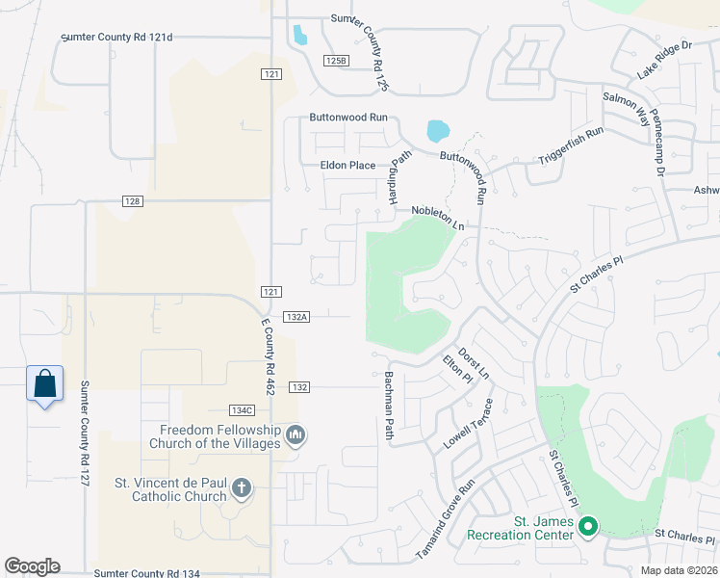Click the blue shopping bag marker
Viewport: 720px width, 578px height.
(44, 384)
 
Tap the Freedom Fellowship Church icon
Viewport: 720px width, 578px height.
(296, 436)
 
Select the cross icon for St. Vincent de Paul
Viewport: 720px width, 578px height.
(241, 490)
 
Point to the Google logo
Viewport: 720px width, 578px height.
(32, 566)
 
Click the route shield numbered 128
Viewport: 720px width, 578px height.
(133, 200)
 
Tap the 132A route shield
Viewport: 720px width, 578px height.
(296, 316)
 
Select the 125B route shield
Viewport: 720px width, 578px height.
(334, 60)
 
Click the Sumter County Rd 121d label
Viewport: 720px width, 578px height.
(116, 38)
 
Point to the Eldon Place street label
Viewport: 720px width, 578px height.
(347, 166)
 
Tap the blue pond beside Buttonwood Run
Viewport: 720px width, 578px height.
(437, 130)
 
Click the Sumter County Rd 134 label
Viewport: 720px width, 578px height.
(147, 573)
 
